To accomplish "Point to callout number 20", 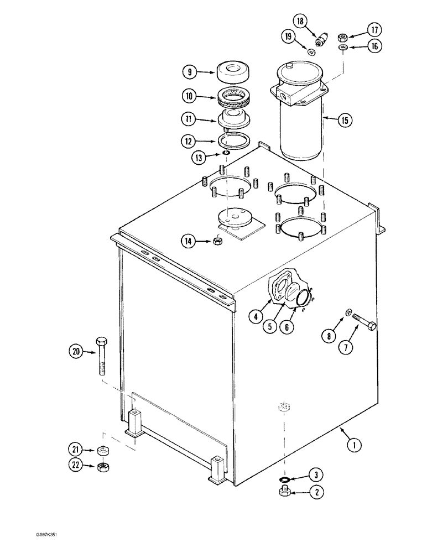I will click(76, 350).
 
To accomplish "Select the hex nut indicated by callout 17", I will click(343, 38).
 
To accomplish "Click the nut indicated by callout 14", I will click(217, 241).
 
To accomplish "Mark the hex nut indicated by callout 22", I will click(102, 467).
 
